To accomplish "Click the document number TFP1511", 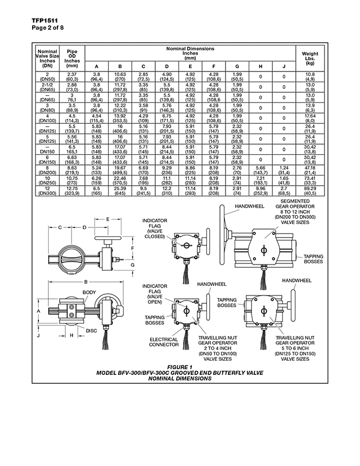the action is tap(45, 20).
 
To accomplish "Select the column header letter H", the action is tap(260, 66).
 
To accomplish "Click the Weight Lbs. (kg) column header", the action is tap(310, 59).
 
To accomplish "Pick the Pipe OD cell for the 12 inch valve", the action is tap(72, 191).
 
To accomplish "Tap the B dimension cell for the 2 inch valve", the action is tap(120, 77).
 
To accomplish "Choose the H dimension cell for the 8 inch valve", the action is tap(260, 171).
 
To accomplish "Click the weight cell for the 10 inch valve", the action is tap(310, 181).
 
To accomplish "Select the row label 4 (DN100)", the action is tap(47, 118).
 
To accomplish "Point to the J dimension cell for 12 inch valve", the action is tap(284, 191).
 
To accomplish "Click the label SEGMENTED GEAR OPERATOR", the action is tap(295, 204).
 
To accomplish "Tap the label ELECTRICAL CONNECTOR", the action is tap(164, 342).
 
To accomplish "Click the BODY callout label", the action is tap(89, 293).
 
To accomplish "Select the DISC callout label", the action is tap(92, 331).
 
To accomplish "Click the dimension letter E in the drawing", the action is tap(108, 219).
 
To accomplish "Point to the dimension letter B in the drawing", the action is tap(86, 282).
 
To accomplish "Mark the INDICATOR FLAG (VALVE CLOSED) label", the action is tap(155, 228).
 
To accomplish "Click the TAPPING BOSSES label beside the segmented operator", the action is tap(313, 259).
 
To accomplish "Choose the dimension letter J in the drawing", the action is tap(38, 335).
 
